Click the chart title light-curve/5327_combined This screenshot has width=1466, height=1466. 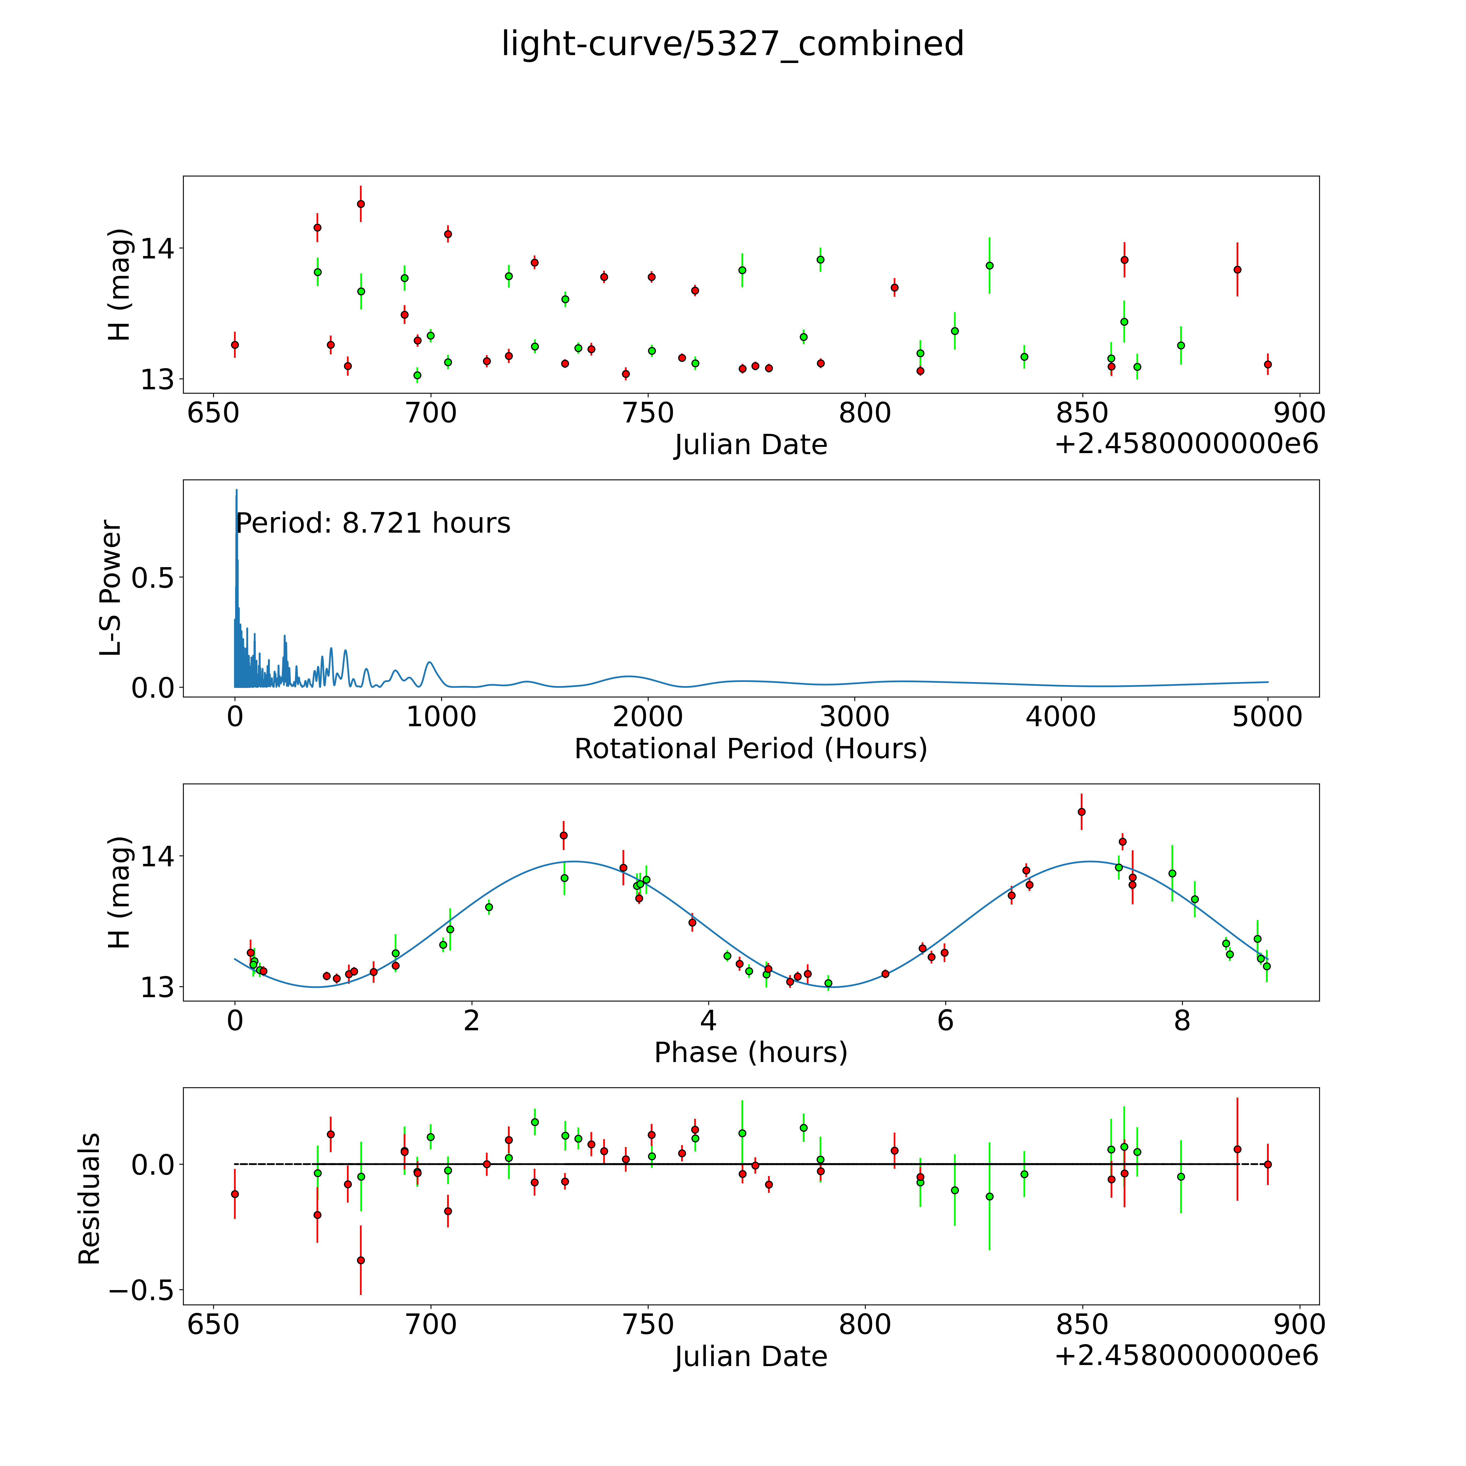[x=732, y=44]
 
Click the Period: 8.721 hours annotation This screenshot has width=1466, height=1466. [x=372, y=524]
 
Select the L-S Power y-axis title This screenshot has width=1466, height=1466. [x=111, y=588]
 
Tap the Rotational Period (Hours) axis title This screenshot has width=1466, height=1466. [x=750, y=749]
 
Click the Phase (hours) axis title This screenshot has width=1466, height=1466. [x=750, y=1053]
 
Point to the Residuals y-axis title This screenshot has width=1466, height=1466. [x=90, y=1199]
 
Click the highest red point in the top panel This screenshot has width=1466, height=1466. [x=361, y=204]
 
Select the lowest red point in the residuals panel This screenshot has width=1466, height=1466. [x=361, y=1260]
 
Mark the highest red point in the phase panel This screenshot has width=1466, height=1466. [x=1081, y=812]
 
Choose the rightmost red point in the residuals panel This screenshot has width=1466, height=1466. [x=1267, y=1164]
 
